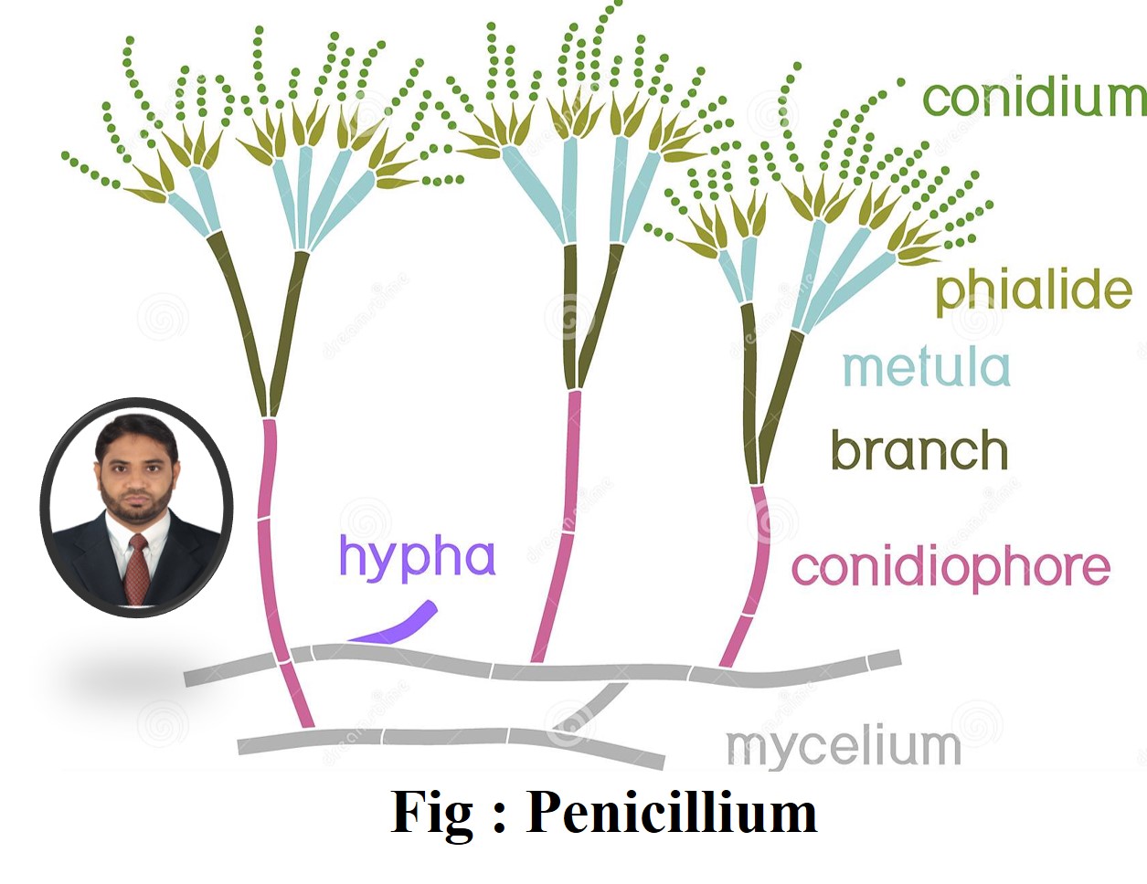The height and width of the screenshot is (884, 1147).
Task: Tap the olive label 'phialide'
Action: [x=1034, y=292]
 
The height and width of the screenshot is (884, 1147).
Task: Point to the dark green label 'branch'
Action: [x=919, y=450]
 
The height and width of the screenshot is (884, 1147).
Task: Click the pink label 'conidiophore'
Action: [x=951, y=570]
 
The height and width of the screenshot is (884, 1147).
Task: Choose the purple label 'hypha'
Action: [x=418, y=558]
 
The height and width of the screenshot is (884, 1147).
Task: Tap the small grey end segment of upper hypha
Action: [x=885, y=660]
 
